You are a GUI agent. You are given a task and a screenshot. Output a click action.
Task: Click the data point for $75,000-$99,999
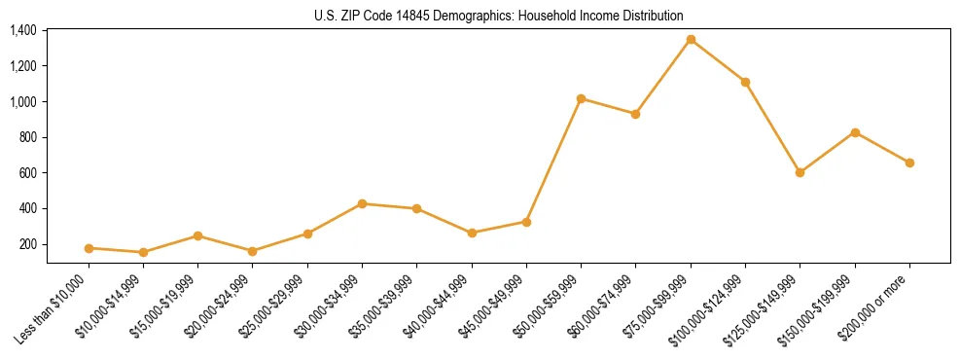tap(691, 40)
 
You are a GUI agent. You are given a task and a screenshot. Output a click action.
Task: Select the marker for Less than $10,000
tap(89, 248)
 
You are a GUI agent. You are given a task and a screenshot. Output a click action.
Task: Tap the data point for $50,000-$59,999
tap(581, 98)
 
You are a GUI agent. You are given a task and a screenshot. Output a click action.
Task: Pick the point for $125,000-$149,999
tap(800, 172)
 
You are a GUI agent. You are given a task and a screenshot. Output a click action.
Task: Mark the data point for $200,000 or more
tap(909, 162)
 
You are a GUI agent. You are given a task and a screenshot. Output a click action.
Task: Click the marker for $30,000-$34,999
tap(362, 203)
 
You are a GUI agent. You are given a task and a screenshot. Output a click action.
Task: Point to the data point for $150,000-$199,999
tap(855, 132)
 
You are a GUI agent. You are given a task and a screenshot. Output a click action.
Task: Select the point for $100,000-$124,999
tap(745, 82)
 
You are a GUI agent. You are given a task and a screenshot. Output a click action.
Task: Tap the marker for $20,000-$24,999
tap(253, 251)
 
